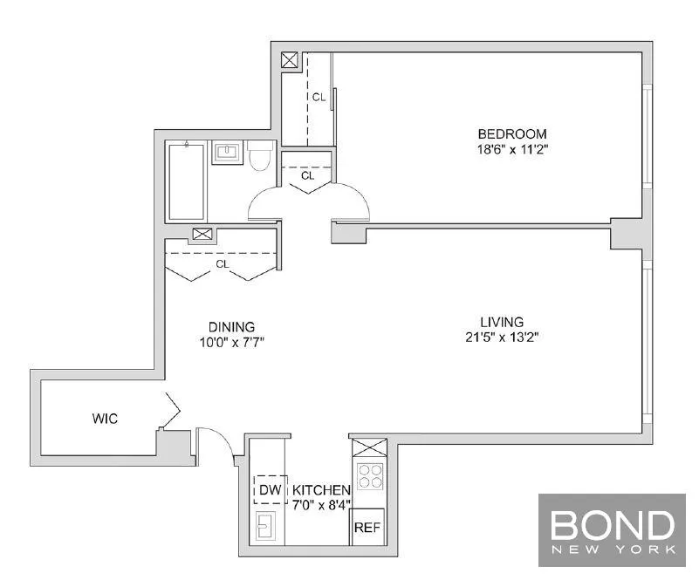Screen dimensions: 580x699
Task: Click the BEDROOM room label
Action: [511, 133]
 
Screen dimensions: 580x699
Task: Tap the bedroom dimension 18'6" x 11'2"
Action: [511, 149]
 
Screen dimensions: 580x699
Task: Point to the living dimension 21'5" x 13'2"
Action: [501, 338]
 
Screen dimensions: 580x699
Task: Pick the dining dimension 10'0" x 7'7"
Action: [231, 342]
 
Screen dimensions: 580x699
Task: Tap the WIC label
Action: [105, 419]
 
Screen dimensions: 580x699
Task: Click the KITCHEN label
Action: [321, 490]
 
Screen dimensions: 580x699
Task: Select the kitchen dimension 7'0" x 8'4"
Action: [321, 505]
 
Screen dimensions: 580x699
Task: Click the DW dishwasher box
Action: [270, 490]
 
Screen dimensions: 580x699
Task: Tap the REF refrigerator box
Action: [367, 527]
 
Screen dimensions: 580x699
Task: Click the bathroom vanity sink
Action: [227, 154]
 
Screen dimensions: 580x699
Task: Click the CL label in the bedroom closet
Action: [319, 97]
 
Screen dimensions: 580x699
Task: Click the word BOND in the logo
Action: [612, 526]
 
